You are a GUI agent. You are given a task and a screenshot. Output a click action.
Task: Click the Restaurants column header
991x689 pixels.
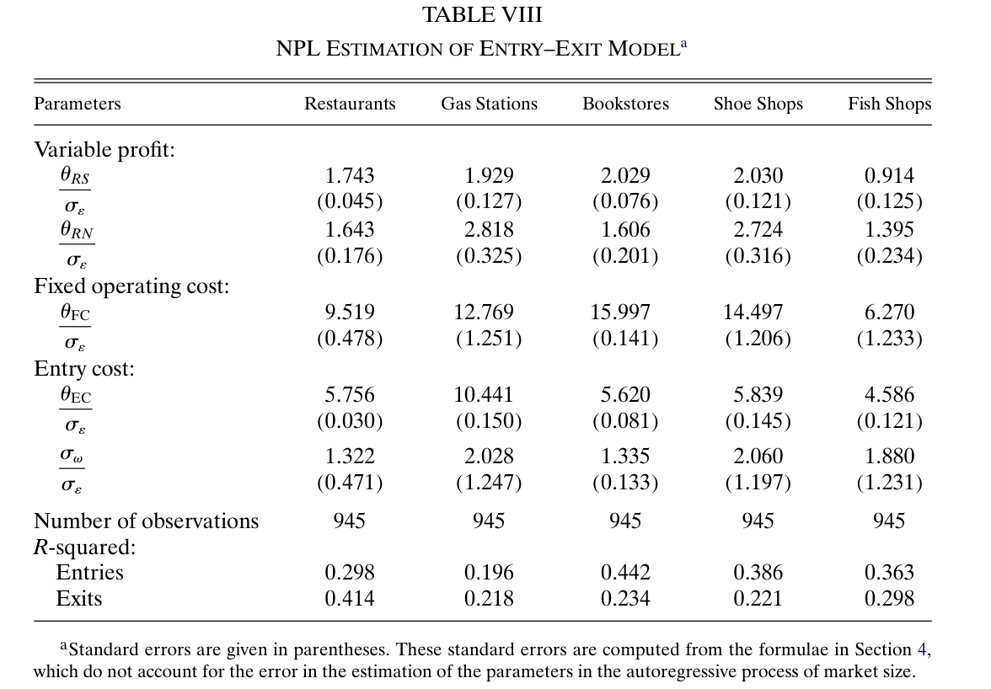pos(349,104)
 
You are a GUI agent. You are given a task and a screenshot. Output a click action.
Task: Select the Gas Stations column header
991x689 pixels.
pos(489,104)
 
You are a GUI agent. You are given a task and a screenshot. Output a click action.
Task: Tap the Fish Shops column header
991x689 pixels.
pos(889,104)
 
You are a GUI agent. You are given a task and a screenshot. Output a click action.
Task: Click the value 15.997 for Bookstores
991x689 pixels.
pos(624,312)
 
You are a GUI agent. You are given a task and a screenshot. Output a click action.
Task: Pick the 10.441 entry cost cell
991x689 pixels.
pos(489,395)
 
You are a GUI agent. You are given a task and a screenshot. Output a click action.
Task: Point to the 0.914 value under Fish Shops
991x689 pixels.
pos(889,176)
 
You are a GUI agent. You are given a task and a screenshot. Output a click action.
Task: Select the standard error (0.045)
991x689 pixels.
pos(349,202)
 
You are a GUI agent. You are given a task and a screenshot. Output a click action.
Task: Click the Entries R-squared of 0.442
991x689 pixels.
pos(624,573)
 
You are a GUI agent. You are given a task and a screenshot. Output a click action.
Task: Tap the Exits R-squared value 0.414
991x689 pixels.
pos(349,599)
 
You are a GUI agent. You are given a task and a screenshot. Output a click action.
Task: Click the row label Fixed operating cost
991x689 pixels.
pos(131,286)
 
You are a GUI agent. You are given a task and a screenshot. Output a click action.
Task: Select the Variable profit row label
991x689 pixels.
pos(104,150)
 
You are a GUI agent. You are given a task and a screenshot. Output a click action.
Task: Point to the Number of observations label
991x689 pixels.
pos(146,521)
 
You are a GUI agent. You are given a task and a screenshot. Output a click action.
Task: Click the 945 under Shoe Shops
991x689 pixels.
pos(758,521)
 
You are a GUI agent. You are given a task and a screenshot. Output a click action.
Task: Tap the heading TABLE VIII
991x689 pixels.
pos(482,15)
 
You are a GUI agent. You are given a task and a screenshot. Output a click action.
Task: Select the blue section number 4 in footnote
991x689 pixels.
pos(921,649)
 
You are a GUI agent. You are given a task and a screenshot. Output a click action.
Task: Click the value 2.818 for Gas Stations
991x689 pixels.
pos(489,230)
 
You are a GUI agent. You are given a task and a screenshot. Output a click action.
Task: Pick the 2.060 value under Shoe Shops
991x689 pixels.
pos(758,457)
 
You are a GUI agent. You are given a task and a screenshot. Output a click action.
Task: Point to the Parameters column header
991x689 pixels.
pos(77,104)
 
